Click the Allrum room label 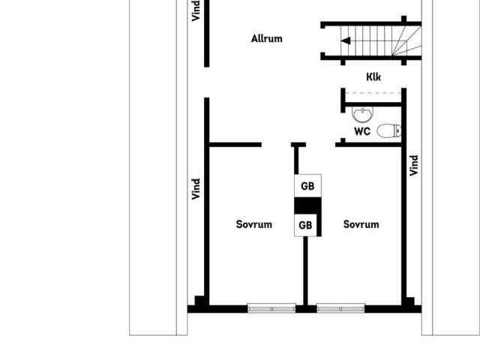pyautogui.click(x=267, y=39)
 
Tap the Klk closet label pyautogui.click(x=373, y=76)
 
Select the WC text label pyautogui.click(x=362, y=132)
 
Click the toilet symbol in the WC pyautogui.click(x=389, y=130)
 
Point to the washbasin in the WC pyautogui.click(x=363, y=114)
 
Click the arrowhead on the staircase pyautogui.click(x=346, y=40)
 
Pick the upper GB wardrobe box pyautogui.click(x=307, y=186)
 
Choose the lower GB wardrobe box pyautogui.click(x=305, y=225)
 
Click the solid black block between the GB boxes pyautogui.click(x=307, y=205)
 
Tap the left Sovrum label pyautogui.click(x=254, y=224)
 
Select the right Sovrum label pyautogui.click(x=361, y=224)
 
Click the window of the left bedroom pyautogui.click(x=271, y=308)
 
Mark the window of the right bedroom pyautogui.click(x=340, y=308)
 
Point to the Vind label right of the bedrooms pyautogui.click(x=413, y=166)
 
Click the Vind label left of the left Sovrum pyautogui.click(x=196, y=189)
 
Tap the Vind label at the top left pyautogui.click(x=196, y=10)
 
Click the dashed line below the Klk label pyautogui.click(x=373, y=93)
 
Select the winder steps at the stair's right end pyautogui.click(x=407, y=40)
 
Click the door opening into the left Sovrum pyautogui.click(x=276, y=145)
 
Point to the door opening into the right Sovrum pyautogui.click(x=320, y=145)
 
